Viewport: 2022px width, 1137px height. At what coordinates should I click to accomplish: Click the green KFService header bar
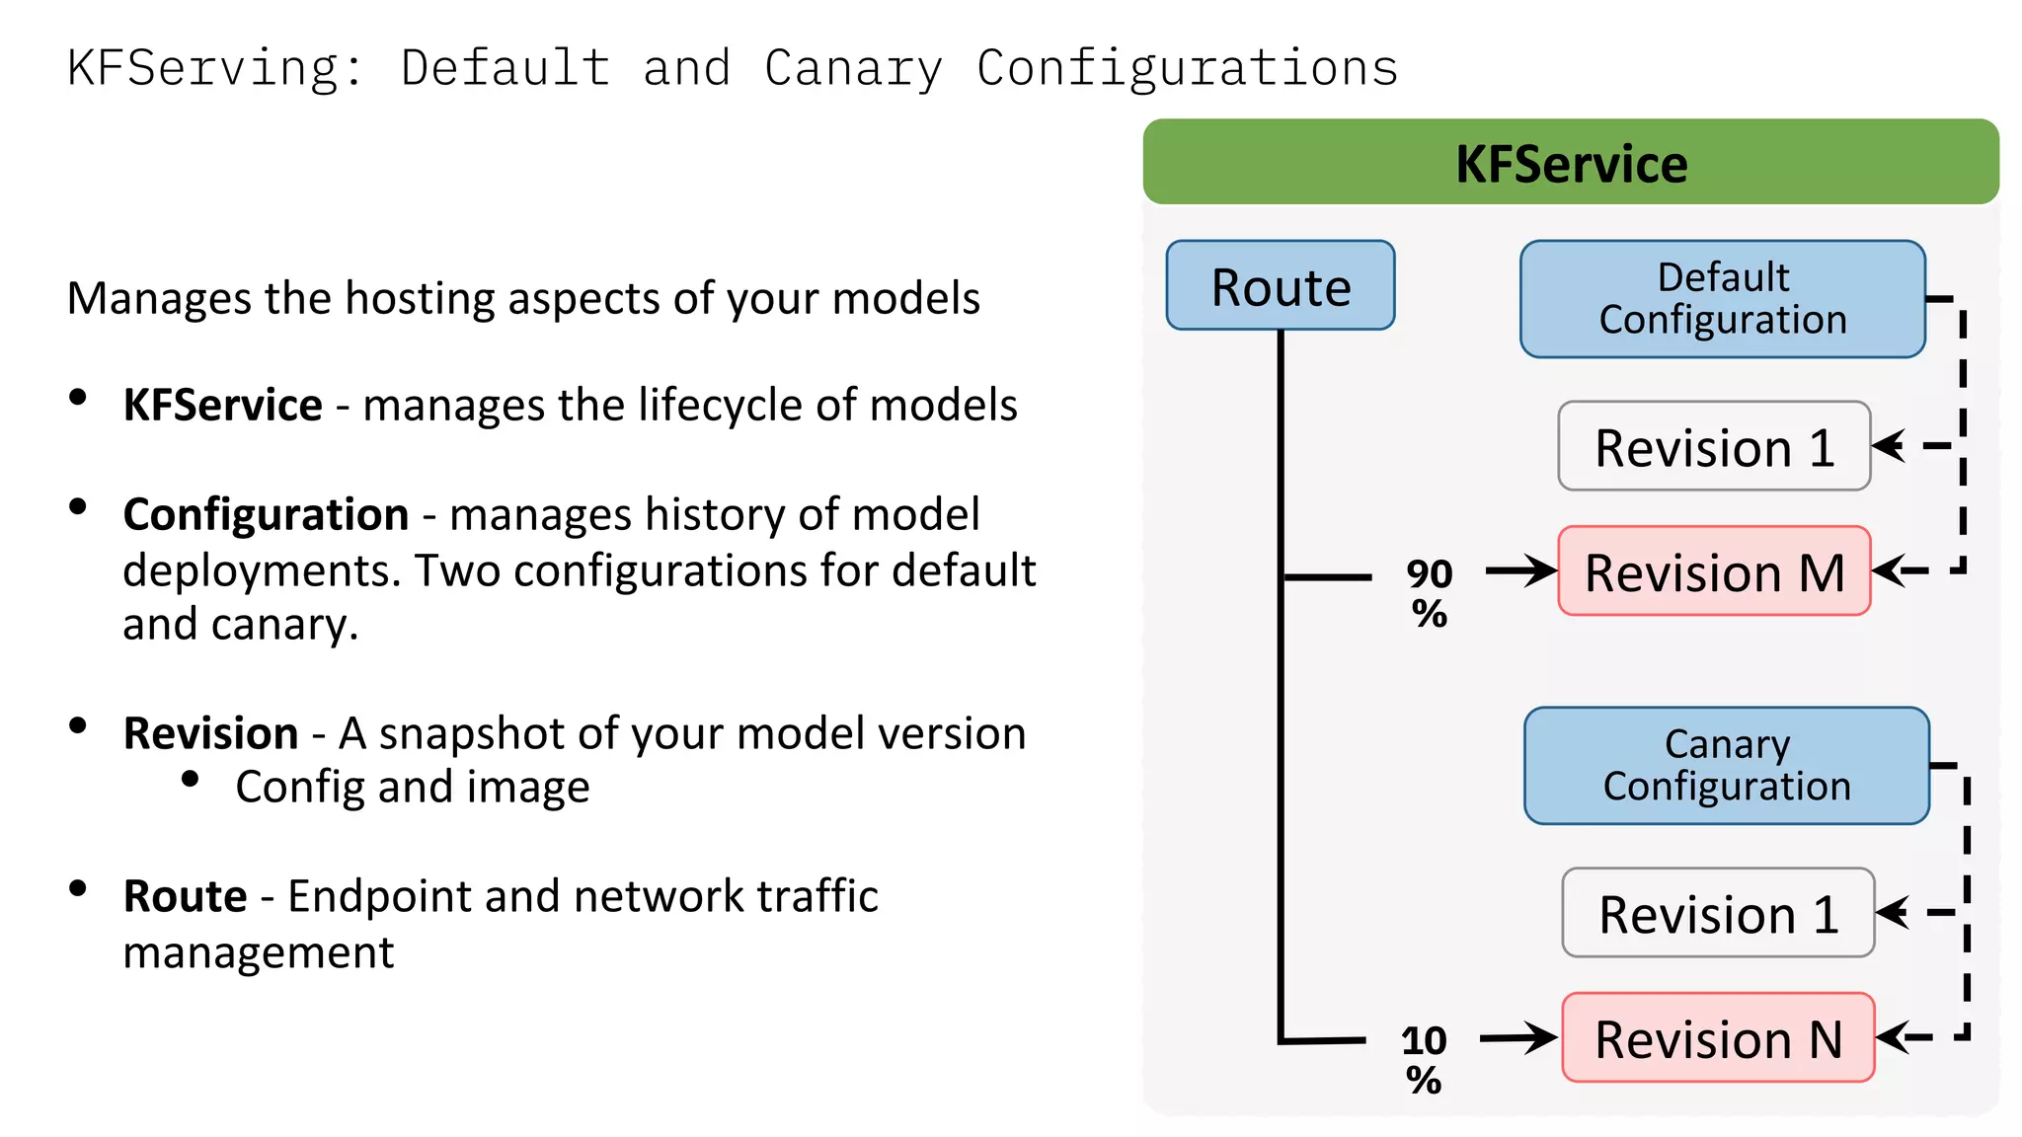click(1570, 162)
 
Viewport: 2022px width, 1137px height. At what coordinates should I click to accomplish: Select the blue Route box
click(1280, 286)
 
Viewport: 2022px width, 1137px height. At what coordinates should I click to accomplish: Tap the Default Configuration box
click(1722, 299)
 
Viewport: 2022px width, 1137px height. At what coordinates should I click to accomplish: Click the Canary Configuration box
click(1726, 766)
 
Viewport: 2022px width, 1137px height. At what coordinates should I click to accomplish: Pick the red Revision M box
click(1714, 571)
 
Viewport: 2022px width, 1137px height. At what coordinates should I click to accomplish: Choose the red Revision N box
click(1718, 1038)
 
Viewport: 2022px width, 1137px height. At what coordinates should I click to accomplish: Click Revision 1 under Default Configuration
click(1714, 446)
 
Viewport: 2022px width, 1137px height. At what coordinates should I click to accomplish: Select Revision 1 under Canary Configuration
click(1718, 913)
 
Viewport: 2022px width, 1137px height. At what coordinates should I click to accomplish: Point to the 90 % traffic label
click(1429, 593)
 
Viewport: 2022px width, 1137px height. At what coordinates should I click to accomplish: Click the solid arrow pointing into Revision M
click(1520, 570)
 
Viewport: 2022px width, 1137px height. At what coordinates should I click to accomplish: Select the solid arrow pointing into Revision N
click(1517, 1037)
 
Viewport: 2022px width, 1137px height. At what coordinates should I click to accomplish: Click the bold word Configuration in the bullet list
click(266, 514)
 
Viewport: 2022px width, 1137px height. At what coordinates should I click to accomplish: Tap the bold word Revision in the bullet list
click(210, 733)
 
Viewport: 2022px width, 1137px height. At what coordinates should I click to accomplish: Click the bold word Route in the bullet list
click(185, 896)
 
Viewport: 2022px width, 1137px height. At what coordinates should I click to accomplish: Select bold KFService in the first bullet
click(222, 405)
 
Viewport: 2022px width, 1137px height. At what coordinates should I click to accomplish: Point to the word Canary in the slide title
click(853, 68)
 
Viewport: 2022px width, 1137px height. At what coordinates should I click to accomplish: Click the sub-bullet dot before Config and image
click(191, 780)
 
